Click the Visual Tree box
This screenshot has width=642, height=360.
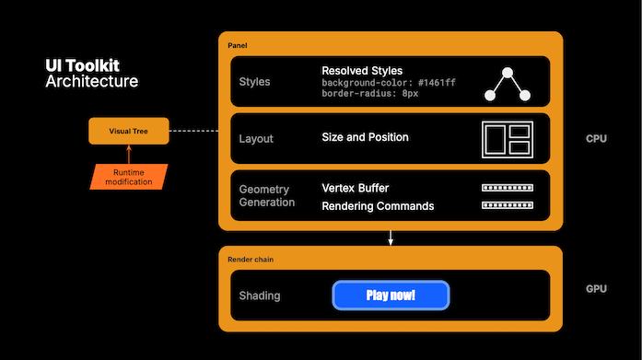[130, 132]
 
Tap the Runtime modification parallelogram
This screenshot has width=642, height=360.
[129, 177]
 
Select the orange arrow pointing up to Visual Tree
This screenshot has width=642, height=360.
[130, 154]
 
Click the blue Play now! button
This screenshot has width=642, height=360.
[390, 296]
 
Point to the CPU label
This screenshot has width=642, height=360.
[596, 139]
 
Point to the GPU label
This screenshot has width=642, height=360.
[596, 289]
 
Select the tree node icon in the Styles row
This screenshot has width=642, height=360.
[509, 83]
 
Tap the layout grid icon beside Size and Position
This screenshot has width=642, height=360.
[508, 138]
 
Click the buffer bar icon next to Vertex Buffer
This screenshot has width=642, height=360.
[508, 188]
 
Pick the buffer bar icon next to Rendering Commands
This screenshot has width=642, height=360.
[508, 205]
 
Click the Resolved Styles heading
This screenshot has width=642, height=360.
[362, 71]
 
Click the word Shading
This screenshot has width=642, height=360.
[260, 296]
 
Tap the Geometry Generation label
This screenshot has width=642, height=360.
[266, 195]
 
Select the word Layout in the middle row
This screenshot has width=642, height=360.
[256, 138]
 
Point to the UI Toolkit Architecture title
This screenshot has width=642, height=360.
[92, 74]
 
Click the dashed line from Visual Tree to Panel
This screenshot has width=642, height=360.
[194, 132]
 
